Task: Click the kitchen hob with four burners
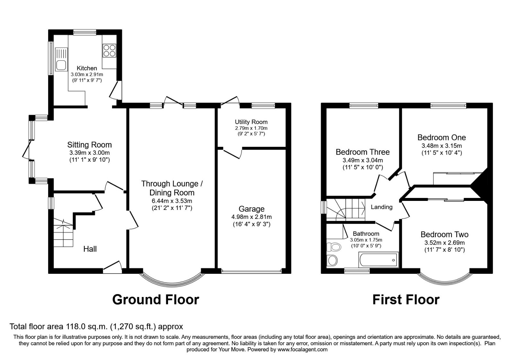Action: coord(109,50)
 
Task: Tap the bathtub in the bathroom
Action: coord(378,260)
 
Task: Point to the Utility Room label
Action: coord(251,122)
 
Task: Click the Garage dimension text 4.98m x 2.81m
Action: coord(251,217)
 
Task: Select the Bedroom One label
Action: coord(441,138)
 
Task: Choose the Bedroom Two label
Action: coord(444,235)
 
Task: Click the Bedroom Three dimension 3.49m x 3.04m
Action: coord(363,160)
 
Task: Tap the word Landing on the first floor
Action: coord(381,207)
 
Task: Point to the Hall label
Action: coord(90,249)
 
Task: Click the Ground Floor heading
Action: coord(155,300)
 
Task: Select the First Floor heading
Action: coord(405,300)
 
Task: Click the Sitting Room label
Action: coord(89,145)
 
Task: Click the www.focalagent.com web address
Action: coord(302,349)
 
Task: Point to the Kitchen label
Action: coord(87,68)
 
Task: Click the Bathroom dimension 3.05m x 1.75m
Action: coord(366,240)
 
